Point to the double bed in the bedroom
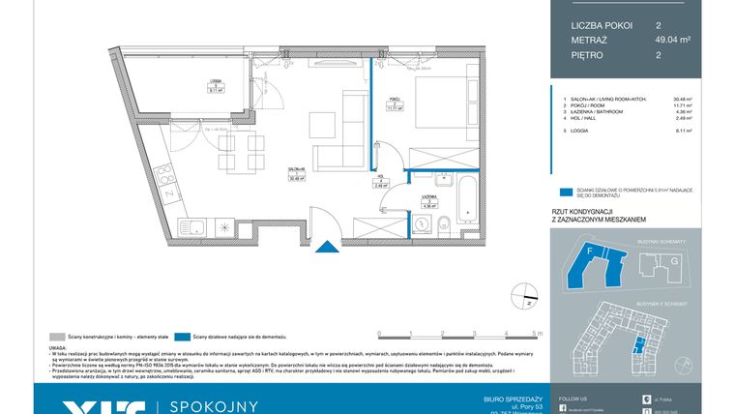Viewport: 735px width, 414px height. tap(441, 112)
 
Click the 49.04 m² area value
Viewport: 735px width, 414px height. tap(669, 40)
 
